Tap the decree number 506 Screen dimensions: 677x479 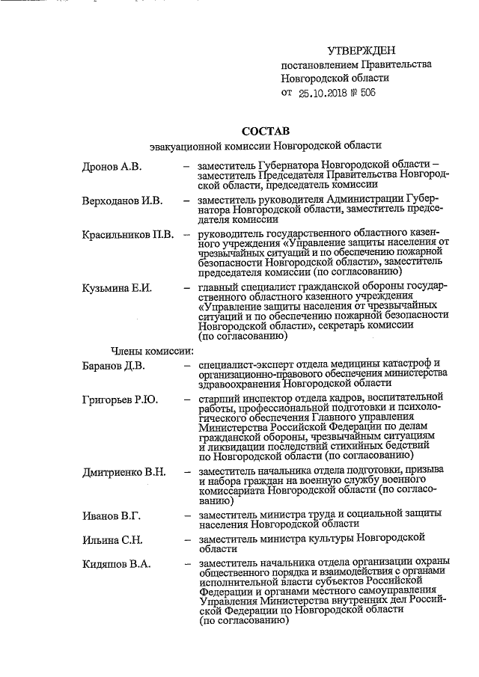pyautogui.click(x=365, y=93)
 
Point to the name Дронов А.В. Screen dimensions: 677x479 pyautogui.click(x=112, y=165)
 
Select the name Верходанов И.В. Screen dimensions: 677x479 pyautogui.click(x=122, y=200)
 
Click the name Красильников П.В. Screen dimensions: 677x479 pyautogui.click(x=128, y=235)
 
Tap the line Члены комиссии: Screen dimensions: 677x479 pyautogui.click(x=153, y=350)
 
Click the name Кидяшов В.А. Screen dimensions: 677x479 pyautogui.click(x=116, y=563)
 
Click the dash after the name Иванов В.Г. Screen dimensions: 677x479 pyautogui.click(x=186, y=515)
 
